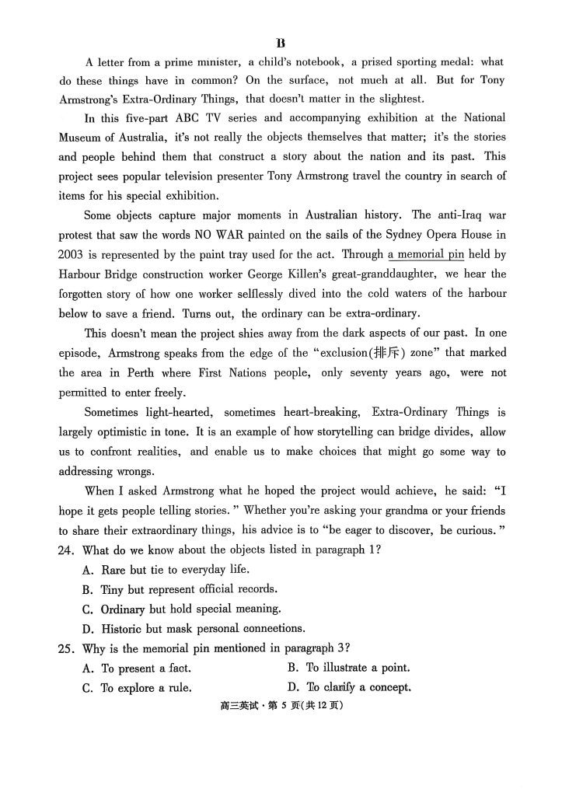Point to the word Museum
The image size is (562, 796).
pyautogui.click(x=81, y=137)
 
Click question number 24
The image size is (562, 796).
pyautogui.click(x=68, y=550)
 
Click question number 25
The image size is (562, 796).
pyautogui.click(x=68, y=648)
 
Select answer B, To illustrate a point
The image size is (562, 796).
pyautogui.click(x=348, y=668)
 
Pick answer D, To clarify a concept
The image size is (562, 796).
pyautogui.click(x=348, y=687)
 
